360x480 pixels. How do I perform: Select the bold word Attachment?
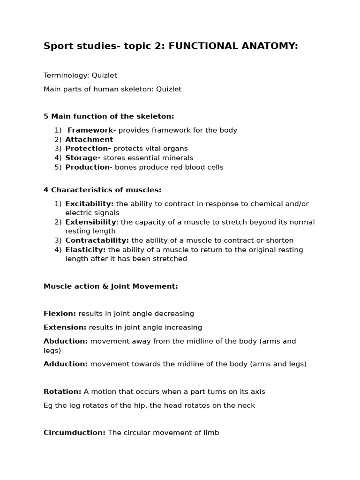tap(89, 139)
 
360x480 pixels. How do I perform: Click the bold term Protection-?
tap(88, 149)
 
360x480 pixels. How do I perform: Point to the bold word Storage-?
tap(83, 158)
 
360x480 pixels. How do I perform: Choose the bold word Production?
tap(87, 167)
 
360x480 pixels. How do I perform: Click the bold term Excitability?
tap(90, 204)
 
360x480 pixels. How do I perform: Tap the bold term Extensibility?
tap(90, 222)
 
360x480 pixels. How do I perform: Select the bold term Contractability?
tap(97, 240)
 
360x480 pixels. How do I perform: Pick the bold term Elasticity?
tap(85, 250)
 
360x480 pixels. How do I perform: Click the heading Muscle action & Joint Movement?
tap(111, 286)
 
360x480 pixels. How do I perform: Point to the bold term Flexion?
tap(60, 314)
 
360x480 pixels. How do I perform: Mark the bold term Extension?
tap(65, 328)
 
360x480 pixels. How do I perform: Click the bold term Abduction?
tap(66, 341)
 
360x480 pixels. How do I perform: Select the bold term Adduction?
tap(66, 364)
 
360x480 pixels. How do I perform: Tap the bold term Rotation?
tap(62, 391)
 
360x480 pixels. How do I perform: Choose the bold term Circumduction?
tap(75, 433)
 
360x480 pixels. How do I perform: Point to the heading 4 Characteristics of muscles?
tap(102, 190)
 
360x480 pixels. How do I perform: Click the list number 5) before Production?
tap(58, 167)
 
